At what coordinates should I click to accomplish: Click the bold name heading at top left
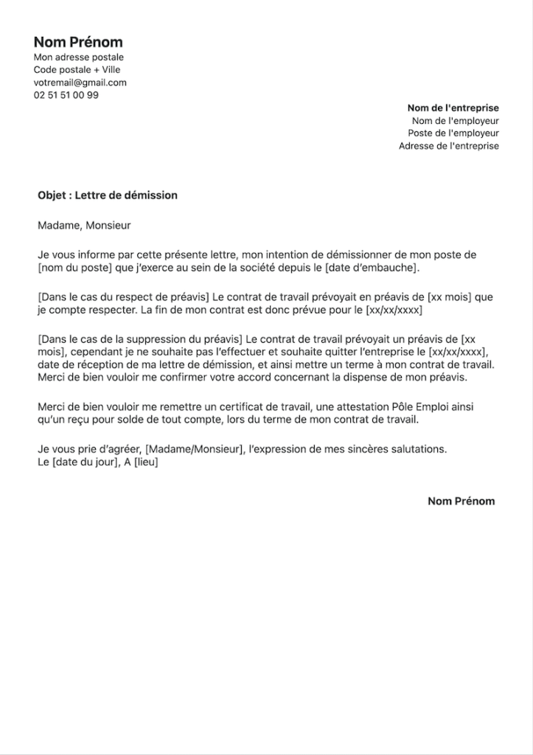pos(78,42)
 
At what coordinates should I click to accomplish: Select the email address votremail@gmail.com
pos(80,83)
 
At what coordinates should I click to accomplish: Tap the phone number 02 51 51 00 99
pos(66,95)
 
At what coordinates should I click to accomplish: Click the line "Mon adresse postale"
pos(78,58)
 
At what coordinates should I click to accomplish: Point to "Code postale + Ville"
pos(77,70)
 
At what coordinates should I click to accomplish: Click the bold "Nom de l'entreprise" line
pos(453,108)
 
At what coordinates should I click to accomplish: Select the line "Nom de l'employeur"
pos(455,121)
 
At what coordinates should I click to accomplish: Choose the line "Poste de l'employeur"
pos(453,133)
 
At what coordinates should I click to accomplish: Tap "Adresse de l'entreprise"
pos(448,146)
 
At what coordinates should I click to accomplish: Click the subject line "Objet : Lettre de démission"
pos(108,195)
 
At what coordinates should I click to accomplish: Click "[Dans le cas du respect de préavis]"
pos(123,297)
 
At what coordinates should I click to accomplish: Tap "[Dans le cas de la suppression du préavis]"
pos(139,339)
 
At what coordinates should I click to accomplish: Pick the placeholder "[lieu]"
pos(146,462)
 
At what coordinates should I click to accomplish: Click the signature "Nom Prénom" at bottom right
pos(461,501)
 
